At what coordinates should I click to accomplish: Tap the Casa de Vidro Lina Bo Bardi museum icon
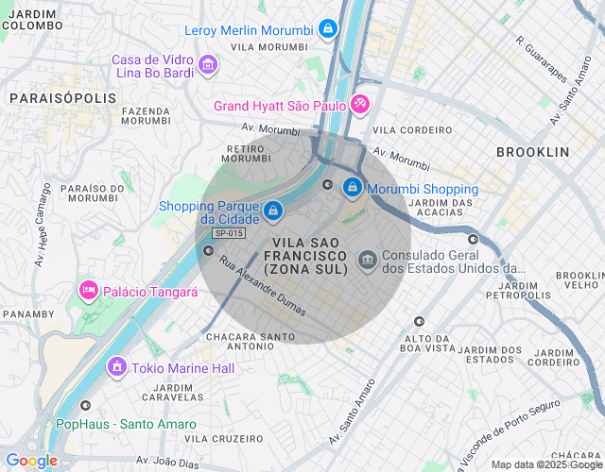208,65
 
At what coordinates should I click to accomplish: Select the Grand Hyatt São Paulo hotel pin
359,105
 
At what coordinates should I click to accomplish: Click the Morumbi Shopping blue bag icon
353,188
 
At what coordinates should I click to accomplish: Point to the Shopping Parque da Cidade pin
272,211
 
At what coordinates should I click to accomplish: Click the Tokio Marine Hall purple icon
116,366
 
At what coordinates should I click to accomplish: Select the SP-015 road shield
229,233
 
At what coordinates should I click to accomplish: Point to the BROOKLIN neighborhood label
532,152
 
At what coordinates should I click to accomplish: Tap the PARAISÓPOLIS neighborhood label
62,98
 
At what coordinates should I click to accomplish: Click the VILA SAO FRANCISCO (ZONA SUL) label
305,256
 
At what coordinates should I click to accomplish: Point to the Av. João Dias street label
168,460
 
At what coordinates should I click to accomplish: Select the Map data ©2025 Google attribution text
545,464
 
